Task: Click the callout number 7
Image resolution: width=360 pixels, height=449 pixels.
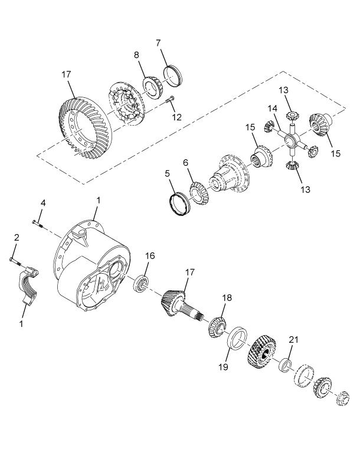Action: [x=158, y=43]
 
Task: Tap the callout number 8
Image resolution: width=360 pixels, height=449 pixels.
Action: [x=136, y=55]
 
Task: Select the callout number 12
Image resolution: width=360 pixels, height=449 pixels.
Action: [x=177, y=117]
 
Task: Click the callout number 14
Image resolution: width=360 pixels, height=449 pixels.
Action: [x=273, y=109]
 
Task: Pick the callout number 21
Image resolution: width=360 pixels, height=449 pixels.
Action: [x=293, y=340]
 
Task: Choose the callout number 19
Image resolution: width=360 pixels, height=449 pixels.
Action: [x=224, y=367]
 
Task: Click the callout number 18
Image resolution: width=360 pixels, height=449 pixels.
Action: [x=227, y=298]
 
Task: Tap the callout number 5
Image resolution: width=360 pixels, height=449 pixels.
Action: [x=167, y=173]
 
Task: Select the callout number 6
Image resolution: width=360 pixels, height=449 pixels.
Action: [x=185, y=163]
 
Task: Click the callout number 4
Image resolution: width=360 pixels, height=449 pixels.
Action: [x=42, y=203]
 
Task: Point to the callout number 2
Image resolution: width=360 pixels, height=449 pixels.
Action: [x=17, y=237]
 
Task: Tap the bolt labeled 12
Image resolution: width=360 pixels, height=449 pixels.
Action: [x=170, y=100]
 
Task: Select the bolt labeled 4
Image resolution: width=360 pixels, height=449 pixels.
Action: [x=38, y=224]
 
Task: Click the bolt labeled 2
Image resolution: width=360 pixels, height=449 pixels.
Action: [x=15, y=261]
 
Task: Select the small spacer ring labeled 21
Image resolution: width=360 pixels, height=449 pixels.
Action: [x=285, y=365]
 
